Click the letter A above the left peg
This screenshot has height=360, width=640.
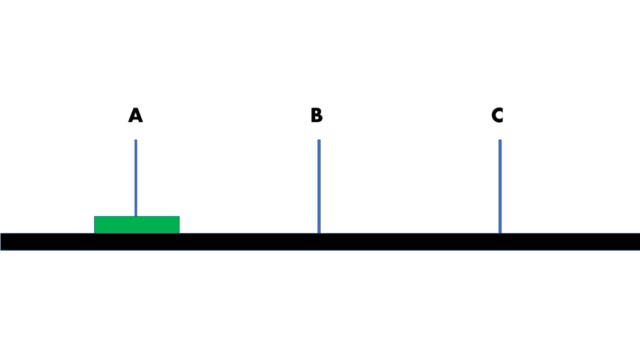[135, 115]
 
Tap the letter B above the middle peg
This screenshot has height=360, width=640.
[316, 115]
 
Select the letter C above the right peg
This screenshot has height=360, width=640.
[497, 115]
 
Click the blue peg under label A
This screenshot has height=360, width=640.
[136, 178]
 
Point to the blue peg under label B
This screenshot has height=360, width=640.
[319, 187]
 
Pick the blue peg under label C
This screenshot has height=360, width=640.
[500, 187]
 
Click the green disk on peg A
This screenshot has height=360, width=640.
[137, 225]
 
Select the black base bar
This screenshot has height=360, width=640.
[320, 241]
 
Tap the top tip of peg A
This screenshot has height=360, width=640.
[136, 140]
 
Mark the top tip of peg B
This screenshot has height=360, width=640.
[319, 140]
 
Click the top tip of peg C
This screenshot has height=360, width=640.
[500, 140]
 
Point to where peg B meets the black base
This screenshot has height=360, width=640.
[319, 233]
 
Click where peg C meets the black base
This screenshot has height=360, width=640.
[500, 233]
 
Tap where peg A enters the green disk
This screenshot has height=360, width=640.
[136, 216]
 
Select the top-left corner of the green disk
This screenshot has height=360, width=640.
[94, 216]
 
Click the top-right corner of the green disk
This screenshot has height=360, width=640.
[179, 216]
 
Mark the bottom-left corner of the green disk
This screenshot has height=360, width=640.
[94, 233]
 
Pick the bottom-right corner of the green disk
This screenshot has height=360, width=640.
[179, 233]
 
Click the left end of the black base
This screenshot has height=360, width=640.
[1, 241]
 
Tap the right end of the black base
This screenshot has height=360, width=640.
[639, 241]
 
